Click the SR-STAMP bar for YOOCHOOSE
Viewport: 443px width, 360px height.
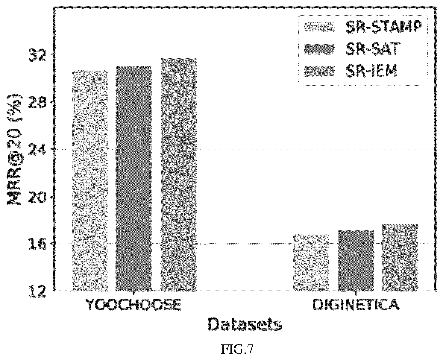pyautogui.click(x=90, y=180)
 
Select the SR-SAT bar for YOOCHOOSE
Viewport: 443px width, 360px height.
pyautogui.click(x=133, y=178)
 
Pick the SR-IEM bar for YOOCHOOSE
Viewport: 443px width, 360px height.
pyautogui.click(x=179, y=174)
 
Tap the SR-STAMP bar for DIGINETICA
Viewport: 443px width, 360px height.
pyautogui.click(x=311, y=262)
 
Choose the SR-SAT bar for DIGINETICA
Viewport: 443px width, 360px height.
pyautogui.click(x=356, y=261)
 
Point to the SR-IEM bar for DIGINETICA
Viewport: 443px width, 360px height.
pyautogui.click(x=400, y=258)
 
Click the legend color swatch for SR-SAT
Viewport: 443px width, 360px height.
pyautogui.click(x=319, y=49)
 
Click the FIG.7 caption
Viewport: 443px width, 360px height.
pyautogui.click(x=237, y=350)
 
